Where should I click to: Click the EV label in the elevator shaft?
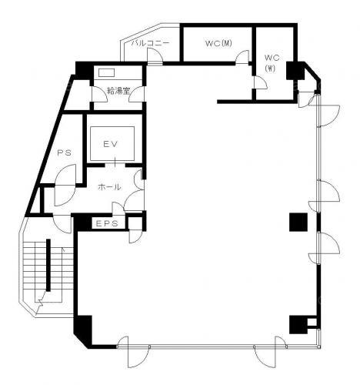coord(111,144)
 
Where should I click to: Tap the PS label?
coord(64,153)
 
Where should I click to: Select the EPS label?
coord(107,223)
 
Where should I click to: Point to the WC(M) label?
coord(218,43)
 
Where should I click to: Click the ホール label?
coord(109,187)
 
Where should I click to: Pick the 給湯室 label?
coord(118,91)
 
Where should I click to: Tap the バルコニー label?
coord(151,43)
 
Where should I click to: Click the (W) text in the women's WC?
coord(270,69)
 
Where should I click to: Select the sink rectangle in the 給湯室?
coord(106,72)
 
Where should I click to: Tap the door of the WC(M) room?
coord(242,56)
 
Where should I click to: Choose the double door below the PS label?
coord(65,185)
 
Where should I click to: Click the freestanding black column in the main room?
coord(298,222)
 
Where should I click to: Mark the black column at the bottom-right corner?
coord(298,324)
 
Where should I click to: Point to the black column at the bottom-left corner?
coord(83,330)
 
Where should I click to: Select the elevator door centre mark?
coord(115,162)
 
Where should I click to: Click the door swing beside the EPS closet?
coord(135,236)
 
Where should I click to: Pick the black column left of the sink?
coord(84,70)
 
